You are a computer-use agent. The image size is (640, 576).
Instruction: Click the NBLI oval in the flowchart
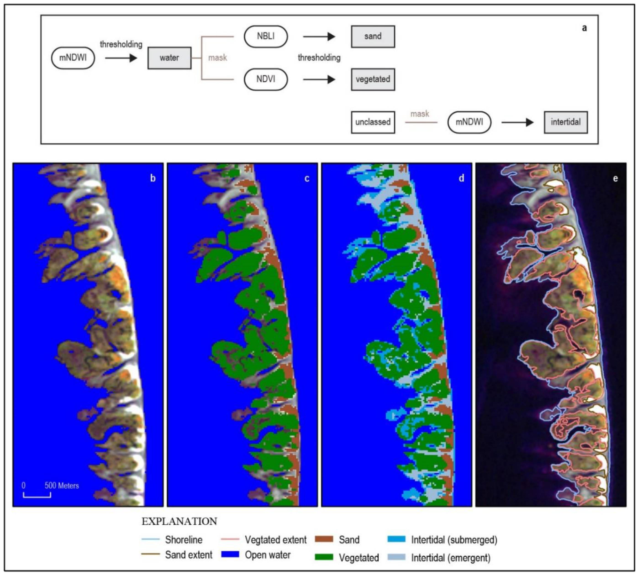pyautogui.click(x=265, y=36)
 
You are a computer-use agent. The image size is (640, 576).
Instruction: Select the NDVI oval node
pyautogui.click(x=265, y=79)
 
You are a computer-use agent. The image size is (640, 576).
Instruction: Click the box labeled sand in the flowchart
pyautogui.click(x=373, y=36)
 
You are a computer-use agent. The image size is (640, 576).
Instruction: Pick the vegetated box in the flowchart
pyautogui.click(x=373, y=79)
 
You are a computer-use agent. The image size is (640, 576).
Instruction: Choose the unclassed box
pyautogui.click(x=373, y=122)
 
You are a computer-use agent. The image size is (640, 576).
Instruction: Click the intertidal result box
pyautogui.click(x=565, y=122)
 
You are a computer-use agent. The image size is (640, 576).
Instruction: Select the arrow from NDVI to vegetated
pyautogui.click(x=319, y=79)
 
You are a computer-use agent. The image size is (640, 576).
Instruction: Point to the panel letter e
pyautogui.click(x=615, y=179)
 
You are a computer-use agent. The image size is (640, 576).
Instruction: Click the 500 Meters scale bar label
pyautogui.click(x=61, y=486)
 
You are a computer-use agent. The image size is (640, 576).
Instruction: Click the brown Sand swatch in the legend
pyautogui.click(x=324, y=539)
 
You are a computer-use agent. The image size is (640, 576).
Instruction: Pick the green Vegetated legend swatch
pyautogui.click(x=324, y=557)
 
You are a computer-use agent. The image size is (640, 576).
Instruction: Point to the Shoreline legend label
pyautogui.click(x=184, y=540)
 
